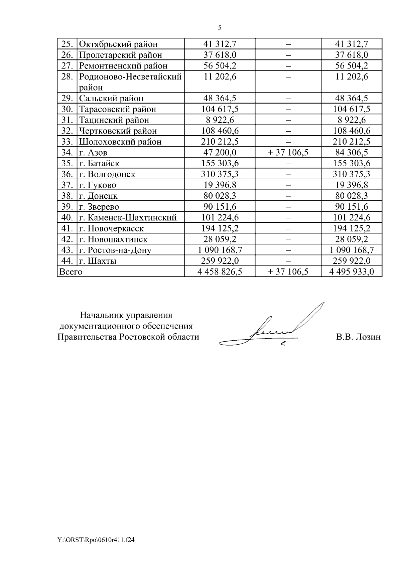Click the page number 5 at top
click(x=220, y=28)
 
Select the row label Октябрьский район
click(x=118, y=44)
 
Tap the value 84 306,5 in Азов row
click(x=352, y=153)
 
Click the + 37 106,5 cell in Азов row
click(x=288, y=153)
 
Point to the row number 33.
click(x=67, y=142)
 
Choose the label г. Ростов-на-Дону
click(x=115, y=250)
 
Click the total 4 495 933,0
click(x=352, y=271)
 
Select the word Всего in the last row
click(x=71, y=272)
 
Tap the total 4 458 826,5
click(x=220, y=271)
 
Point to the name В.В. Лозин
click(x=358, y=337)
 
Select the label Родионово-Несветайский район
click(x=130, y=82)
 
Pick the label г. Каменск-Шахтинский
click(x=128, y=218)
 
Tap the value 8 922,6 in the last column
click(x=352, y=120)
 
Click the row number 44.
click(x=67, y=261)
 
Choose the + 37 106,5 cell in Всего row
click(x=288, y=271)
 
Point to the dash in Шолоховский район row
click(x=288, y=142)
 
